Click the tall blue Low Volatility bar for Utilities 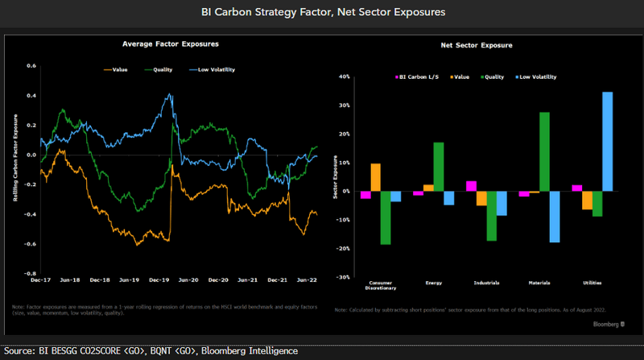(x=607, y=142)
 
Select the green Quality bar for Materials (x=544, y=151)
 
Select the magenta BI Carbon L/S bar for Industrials (x=472, y=186)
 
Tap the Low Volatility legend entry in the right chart (x=535, y=77)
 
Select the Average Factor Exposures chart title (x=171, y=43)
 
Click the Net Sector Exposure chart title (x=477, y=47)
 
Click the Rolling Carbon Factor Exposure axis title (x=14, y=169)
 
